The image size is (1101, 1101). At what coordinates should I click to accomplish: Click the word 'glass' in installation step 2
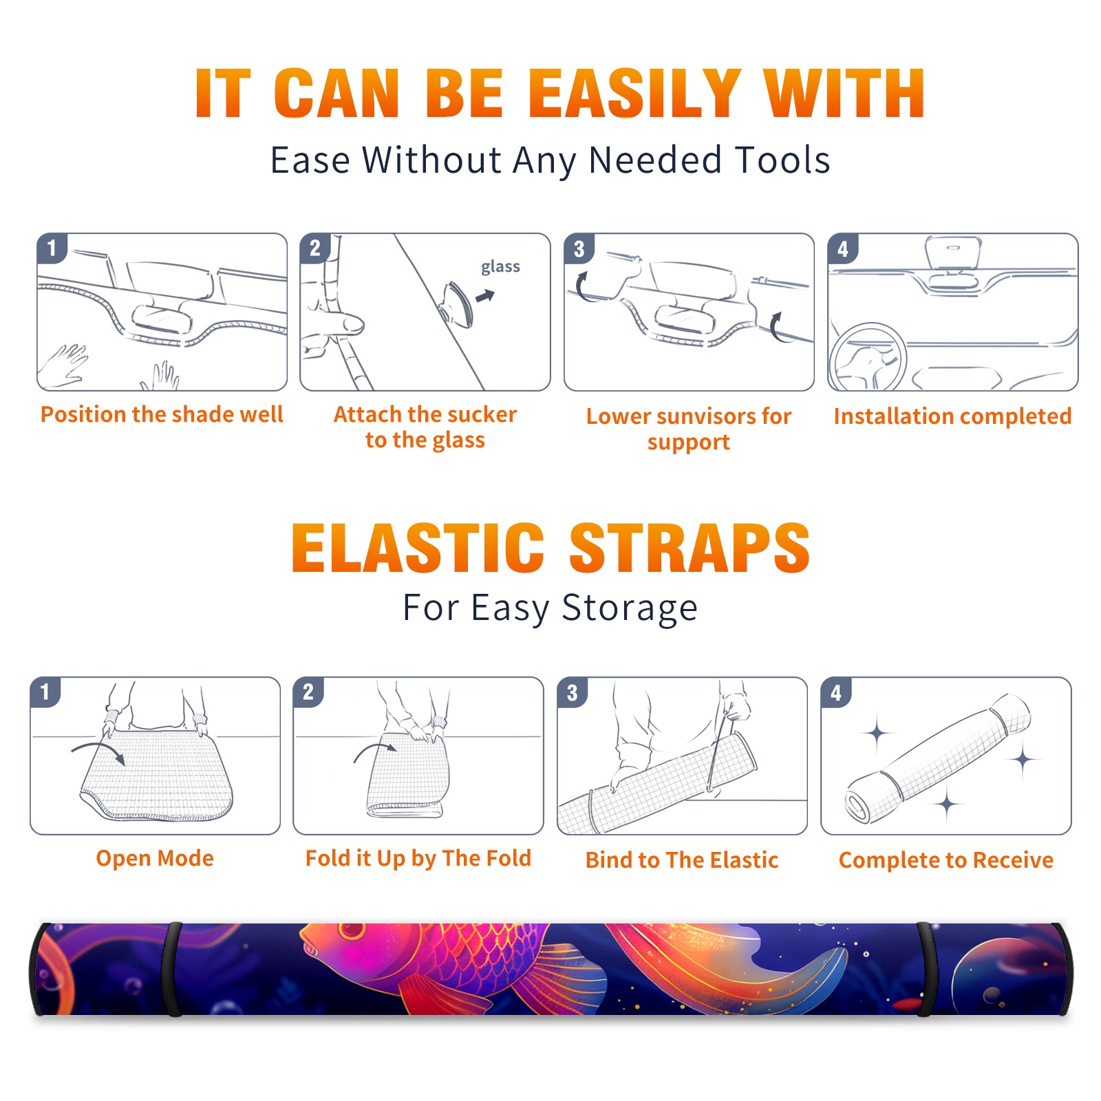click(500, 267)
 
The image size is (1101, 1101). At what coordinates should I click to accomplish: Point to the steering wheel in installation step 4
click(867, 357)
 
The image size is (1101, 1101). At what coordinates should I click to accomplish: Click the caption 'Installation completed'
click(952, 416)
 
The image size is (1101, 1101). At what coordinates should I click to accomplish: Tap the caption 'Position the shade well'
click(162, 414)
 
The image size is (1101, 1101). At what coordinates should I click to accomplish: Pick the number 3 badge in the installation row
click(579, 248)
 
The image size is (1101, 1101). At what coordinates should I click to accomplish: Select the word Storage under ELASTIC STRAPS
click(630, 608)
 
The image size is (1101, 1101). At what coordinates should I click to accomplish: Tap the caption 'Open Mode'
click(155, 858)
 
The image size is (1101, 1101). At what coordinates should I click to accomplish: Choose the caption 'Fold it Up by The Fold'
click(418, 859)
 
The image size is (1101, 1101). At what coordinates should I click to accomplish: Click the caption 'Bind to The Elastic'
click(682, 860)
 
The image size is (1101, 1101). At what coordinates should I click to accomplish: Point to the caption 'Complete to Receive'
click(946, 860)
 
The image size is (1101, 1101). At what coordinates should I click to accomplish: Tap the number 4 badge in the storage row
click(836, 692)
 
